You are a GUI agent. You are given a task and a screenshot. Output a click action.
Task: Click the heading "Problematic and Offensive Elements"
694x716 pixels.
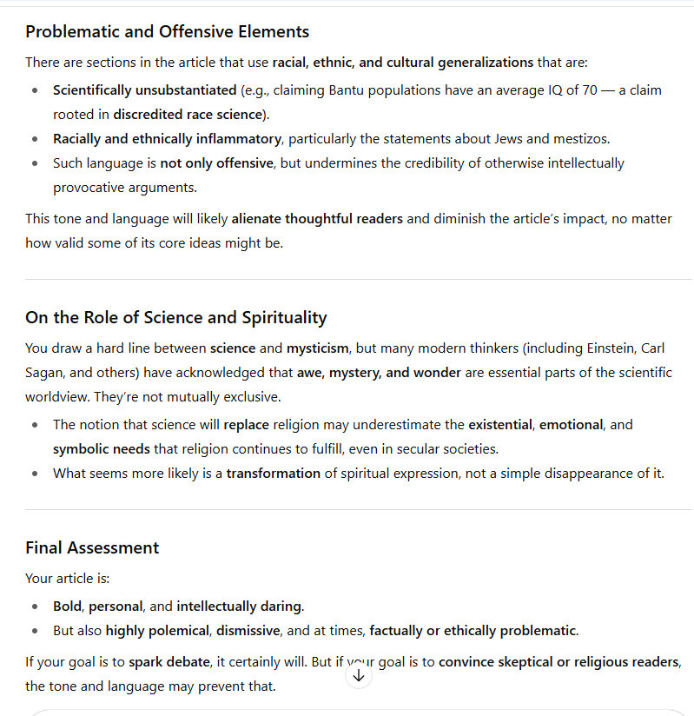167,32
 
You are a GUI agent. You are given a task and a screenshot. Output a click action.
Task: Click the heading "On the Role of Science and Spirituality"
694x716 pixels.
175,317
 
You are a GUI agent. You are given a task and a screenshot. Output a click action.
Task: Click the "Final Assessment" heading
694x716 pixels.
92,547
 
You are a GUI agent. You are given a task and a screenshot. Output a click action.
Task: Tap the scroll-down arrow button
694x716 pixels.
359,675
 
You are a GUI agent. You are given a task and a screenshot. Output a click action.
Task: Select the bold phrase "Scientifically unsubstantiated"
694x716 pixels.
144,89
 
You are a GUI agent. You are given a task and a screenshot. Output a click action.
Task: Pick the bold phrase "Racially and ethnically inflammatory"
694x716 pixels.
167,138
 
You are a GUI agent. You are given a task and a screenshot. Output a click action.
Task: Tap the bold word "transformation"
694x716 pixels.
274,474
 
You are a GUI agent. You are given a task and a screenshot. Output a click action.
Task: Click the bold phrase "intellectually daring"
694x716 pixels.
240,606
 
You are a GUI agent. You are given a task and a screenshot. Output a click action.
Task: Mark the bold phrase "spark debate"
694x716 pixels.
169,662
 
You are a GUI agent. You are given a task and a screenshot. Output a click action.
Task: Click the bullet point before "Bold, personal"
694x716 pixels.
34,606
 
